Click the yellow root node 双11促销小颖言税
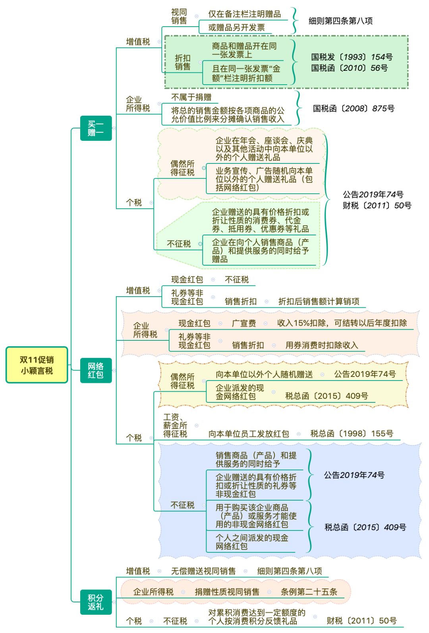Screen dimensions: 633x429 tap(37, 365)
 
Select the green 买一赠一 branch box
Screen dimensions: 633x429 tap(96, 128)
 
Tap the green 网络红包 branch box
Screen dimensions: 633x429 tap(96, 370)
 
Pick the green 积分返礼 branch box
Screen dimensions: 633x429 tap(96, 602)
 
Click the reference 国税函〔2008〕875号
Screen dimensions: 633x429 tap(354, 108)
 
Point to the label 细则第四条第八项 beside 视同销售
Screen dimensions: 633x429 tap(340, 21)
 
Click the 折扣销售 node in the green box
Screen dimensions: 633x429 tap(183, 62)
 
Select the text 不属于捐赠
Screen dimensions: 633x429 tap(191, 97)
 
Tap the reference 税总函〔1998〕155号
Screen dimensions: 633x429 tap(352, 433)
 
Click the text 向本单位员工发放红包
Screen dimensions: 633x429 tap(249, 434)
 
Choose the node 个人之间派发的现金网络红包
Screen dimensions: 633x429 tap(252, 542)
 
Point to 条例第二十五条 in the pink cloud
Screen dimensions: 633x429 tap(309, 592)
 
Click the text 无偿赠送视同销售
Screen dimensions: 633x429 tap(203, 571)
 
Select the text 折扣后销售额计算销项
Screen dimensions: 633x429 tap(319, 301)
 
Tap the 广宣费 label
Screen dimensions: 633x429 tap(244, 323)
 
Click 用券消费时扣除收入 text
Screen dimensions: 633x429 tap(322, 345)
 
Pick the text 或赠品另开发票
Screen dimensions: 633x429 tap(236, 27)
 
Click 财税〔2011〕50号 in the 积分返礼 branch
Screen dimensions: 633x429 tap(361, 620)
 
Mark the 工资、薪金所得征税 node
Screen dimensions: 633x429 tap(175, 425)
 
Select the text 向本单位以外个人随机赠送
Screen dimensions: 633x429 tap(264, 374)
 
